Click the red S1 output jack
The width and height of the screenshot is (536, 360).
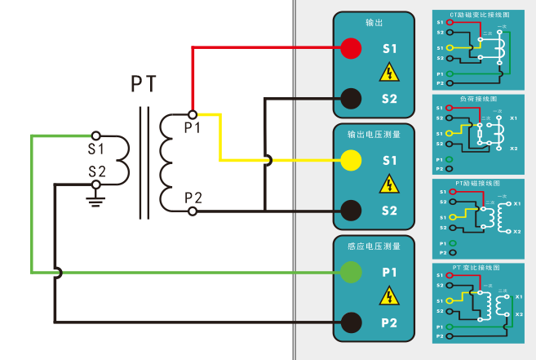351,48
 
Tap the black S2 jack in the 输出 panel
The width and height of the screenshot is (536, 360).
351,98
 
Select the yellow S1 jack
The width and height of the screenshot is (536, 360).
351,161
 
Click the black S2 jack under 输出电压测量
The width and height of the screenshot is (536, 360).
351,210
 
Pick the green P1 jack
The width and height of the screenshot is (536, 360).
351,273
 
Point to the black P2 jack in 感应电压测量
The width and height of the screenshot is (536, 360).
351,322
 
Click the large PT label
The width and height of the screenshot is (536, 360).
144,84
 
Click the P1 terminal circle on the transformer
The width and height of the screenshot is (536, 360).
193,114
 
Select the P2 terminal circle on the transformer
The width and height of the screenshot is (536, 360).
193,211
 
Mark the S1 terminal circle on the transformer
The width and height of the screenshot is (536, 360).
96,136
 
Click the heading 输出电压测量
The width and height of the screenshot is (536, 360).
374,134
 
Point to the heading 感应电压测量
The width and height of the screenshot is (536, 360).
374,246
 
